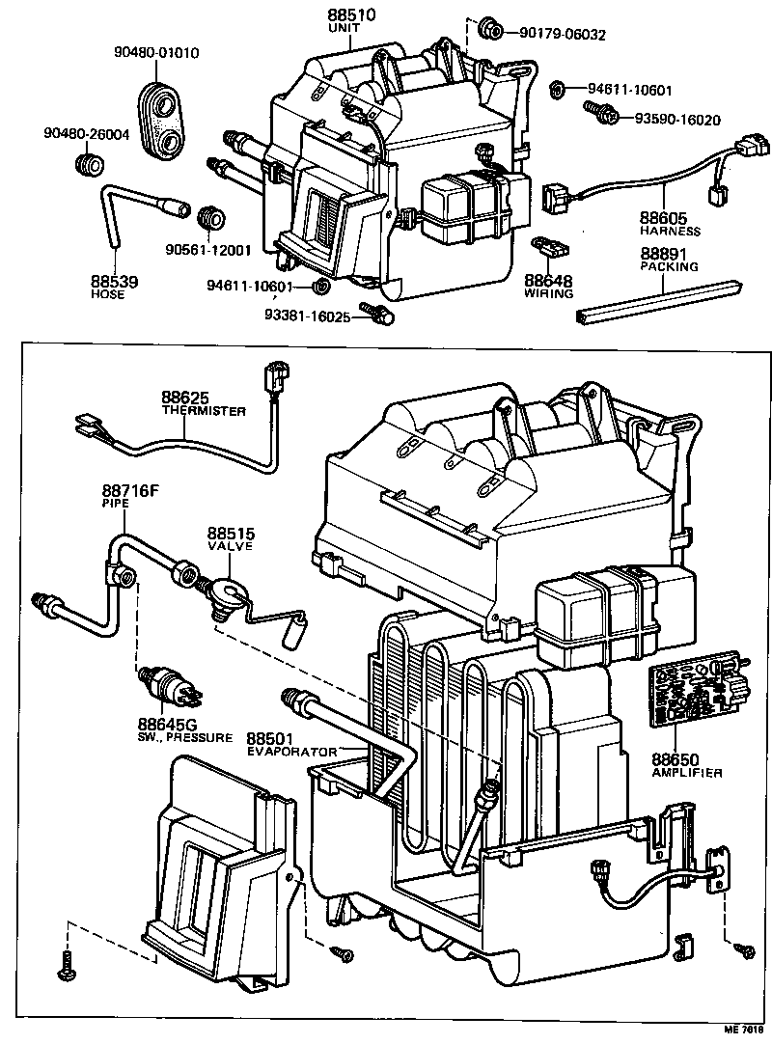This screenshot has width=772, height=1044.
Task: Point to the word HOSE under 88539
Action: point(108,294)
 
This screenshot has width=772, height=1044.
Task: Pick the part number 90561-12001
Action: point(207,250)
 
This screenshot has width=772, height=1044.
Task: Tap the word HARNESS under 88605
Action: point(669,232)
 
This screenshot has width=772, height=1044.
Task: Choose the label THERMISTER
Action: point(203,411)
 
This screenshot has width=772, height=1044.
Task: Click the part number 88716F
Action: point(130,490)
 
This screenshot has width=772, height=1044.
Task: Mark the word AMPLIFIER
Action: point(687,773)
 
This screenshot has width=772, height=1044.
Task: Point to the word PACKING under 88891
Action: point(669,266)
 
